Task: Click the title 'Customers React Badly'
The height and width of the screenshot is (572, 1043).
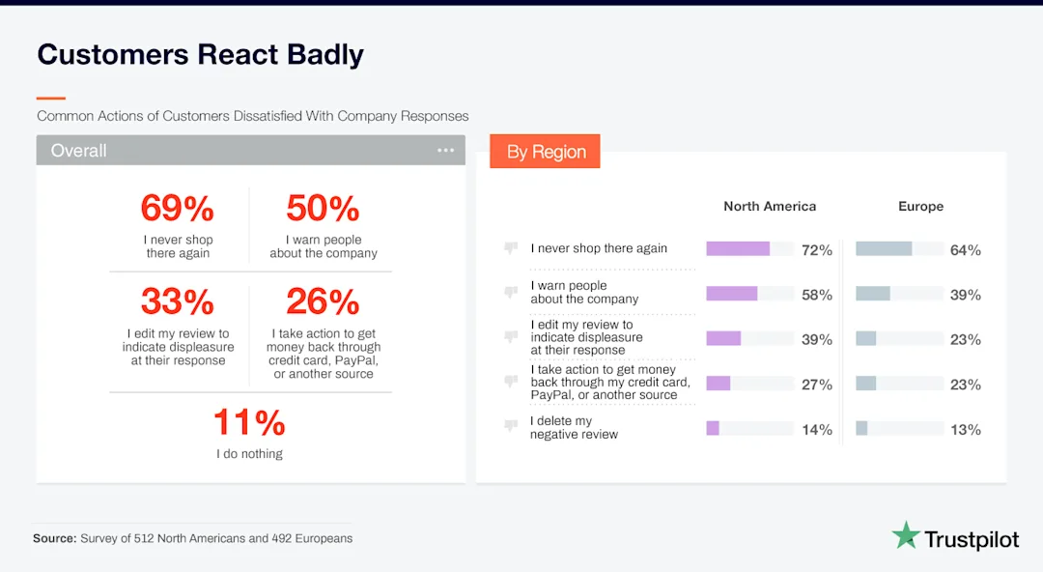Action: pos(200,54)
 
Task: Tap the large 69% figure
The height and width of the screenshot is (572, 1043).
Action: pos(177,209)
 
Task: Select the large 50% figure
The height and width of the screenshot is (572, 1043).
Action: pos(323,209)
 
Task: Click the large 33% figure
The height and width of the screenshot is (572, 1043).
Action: pos(177,302)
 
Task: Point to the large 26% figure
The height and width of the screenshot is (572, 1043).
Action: pos(323,302)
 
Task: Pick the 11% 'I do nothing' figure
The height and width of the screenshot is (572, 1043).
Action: pos(249,423)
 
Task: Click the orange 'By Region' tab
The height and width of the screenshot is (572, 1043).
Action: pos(546,152)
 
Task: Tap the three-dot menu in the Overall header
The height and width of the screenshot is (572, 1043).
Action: pos(445,151)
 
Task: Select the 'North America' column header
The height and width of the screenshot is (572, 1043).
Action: pos(770,206)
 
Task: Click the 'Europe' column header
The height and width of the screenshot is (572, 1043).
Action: pos(920,206)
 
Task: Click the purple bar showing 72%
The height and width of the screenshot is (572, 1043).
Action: pos(738,249)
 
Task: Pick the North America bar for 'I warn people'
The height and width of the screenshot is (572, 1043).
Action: pos(732,294)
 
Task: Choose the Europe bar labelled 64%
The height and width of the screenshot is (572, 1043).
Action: pos(884,249)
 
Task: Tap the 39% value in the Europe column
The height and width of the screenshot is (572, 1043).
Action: pos(965,295)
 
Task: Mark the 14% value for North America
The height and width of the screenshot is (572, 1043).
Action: pos(816,430)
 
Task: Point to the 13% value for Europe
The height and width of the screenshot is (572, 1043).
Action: pos(965,430)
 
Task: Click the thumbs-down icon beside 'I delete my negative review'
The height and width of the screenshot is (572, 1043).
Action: pos(511,426)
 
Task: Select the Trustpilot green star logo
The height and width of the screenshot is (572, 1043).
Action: pos(905,535)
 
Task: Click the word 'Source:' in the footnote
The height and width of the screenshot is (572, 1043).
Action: pos(54,538)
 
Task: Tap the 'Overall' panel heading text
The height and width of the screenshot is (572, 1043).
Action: pos(78,151)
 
